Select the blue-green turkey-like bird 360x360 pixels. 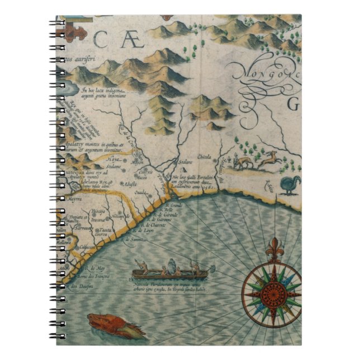[288, 183]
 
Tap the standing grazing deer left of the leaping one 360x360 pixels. [242, 163]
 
